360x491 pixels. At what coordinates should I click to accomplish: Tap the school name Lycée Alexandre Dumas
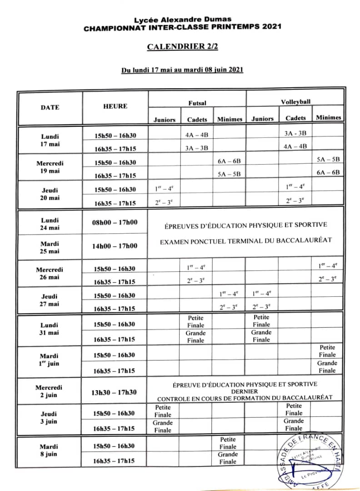coord(182,20)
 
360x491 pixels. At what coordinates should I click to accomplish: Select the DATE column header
coord(50,108)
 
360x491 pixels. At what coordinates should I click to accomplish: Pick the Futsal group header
coord(197,103)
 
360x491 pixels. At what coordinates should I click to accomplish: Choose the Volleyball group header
coord(295,102)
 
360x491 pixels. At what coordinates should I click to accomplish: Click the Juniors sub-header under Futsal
coord(165,120)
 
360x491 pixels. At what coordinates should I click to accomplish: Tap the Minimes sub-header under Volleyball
coord(328,117)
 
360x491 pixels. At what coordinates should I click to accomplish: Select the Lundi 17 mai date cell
coord(50,140)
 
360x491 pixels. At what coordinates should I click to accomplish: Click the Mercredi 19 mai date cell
coord(50,167)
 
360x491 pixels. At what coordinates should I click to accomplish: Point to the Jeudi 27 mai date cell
coord(50,300)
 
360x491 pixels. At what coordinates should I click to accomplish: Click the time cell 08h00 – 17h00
coord(115,222)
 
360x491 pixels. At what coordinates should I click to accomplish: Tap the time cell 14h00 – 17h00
coord(115,246)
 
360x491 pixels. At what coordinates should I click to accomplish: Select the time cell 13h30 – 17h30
coord(115,392)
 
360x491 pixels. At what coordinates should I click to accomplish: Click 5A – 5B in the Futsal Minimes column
coord(229,175)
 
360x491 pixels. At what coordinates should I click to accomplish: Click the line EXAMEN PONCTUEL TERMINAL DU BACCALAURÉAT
coord(246,240)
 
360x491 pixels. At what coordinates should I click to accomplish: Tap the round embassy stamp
coord(312,459)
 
